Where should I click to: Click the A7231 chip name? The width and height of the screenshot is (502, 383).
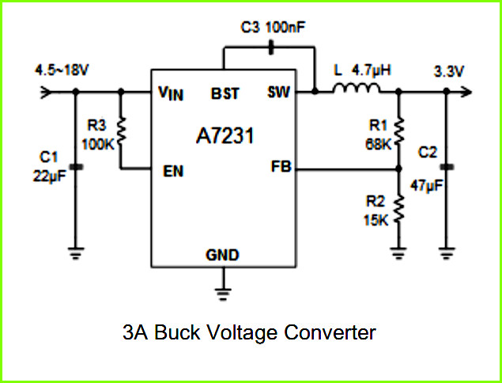click(225, 136)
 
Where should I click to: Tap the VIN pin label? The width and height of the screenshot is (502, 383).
click(171, 93)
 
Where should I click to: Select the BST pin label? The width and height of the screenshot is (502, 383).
click(225, 93)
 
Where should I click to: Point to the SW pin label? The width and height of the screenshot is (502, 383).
click(278, 93)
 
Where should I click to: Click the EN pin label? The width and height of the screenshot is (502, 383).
click(173, 172)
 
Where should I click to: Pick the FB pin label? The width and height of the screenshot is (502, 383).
click(281, 167)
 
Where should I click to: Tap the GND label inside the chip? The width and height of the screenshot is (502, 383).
click(222, 255)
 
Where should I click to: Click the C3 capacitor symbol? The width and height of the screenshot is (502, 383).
click(271, 47)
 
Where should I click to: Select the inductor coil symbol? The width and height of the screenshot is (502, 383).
click(357, 88)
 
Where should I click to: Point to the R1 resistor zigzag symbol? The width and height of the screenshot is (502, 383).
click(398, 131)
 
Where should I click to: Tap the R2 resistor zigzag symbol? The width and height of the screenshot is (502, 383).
click(398, 209)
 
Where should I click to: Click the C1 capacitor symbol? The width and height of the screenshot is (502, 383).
click(76, 167)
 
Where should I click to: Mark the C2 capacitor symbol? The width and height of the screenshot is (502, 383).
click(447, 167)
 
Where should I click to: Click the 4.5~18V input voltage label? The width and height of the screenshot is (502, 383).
click(61, 70)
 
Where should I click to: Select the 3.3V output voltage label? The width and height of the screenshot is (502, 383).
click(448, 71)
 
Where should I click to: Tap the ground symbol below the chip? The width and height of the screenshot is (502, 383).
click(223, 294)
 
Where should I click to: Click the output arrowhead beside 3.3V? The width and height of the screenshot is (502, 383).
click(466, 93)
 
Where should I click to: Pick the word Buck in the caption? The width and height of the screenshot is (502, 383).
click(177, 332)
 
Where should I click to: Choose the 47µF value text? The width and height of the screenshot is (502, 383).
click(426, 186)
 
